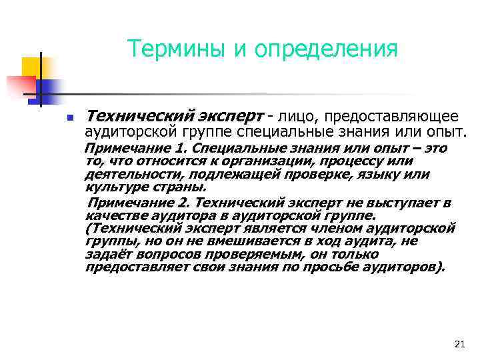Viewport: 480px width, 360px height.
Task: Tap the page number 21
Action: (458, 344)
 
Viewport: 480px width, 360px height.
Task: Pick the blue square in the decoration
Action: (49, 87)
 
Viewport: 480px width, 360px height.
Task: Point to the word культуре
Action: (113, 187)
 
